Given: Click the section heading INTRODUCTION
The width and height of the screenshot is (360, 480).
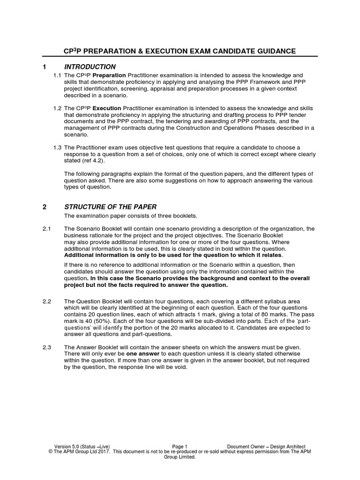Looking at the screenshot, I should coord(90,67).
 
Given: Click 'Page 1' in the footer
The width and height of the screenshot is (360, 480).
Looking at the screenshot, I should coord(180,447).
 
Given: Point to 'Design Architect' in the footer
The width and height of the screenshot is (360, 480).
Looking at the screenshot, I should coord(287,447).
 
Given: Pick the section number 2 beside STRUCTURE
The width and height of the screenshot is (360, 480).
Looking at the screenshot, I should coord(45,207).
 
